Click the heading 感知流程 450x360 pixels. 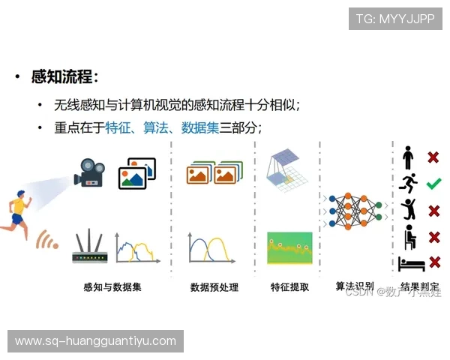click(64, 76)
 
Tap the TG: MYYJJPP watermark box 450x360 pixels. click(395, 17)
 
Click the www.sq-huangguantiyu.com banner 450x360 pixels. click(96, 341)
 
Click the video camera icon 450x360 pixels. click(88, 173)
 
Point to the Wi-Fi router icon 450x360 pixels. click(89, 248)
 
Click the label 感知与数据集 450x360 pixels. click(112, 286)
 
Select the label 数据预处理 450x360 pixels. click(214, 286)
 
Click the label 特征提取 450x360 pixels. click(289, 286)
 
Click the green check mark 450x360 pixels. click(433, 184)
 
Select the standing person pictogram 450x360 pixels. click(408, 157)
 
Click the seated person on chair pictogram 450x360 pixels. click(409, 238)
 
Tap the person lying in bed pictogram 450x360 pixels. click(411, 263)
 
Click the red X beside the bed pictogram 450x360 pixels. click(433, 262)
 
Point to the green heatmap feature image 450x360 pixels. click(289, 247)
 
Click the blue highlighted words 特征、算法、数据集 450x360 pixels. click(163, 127)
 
